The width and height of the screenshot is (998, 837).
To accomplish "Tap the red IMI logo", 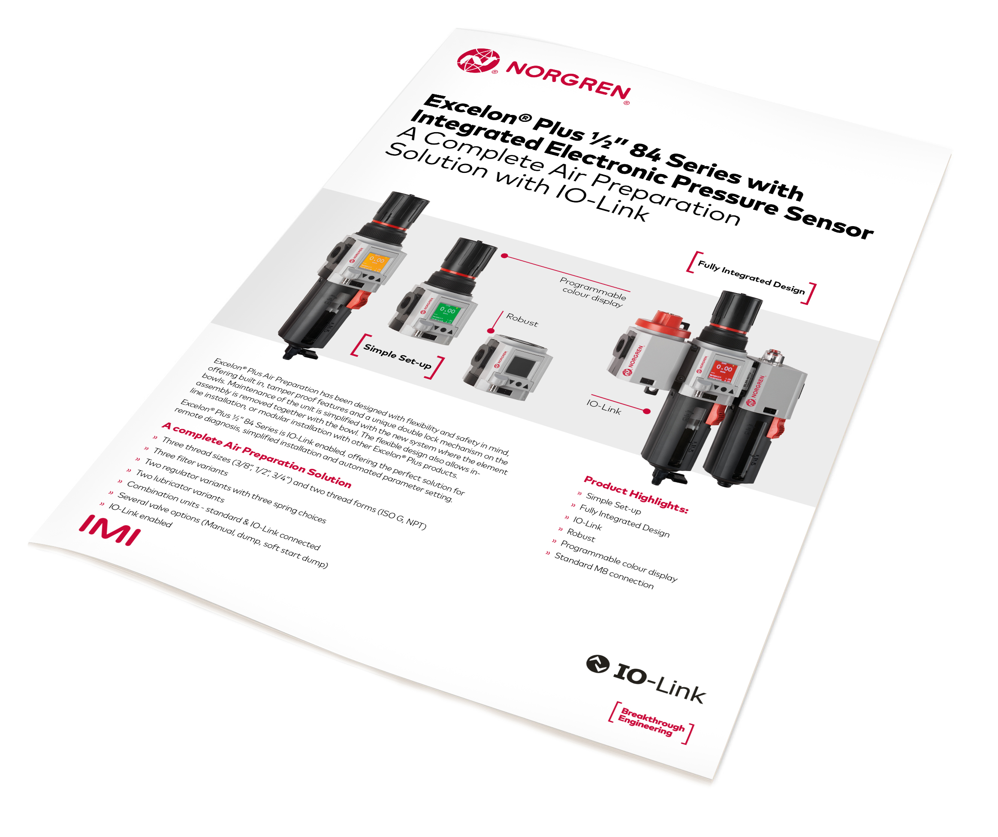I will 110,530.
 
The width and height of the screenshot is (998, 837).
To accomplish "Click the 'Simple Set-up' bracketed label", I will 397,357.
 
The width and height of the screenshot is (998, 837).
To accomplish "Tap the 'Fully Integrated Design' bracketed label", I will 751,278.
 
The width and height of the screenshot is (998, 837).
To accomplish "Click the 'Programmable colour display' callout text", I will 593,292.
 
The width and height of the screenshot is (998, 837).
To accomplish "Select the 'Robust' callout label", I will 522,320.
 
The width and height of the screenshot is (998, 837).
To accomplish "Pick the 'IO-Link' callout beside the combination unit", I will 603,407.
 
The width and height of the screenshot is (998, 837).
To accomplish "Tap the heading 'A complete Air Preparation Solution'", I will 256,454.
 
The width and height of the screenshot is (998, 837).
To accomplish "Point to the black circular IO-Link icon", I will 597,664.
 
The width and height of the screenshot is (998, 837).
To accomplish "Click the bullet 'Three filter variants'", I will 190,462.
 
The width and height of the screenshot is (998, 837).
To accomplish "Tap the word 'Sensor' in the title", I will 829,221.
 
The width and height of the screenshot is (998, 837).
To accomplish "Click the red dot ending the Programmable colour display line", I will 505,256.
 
